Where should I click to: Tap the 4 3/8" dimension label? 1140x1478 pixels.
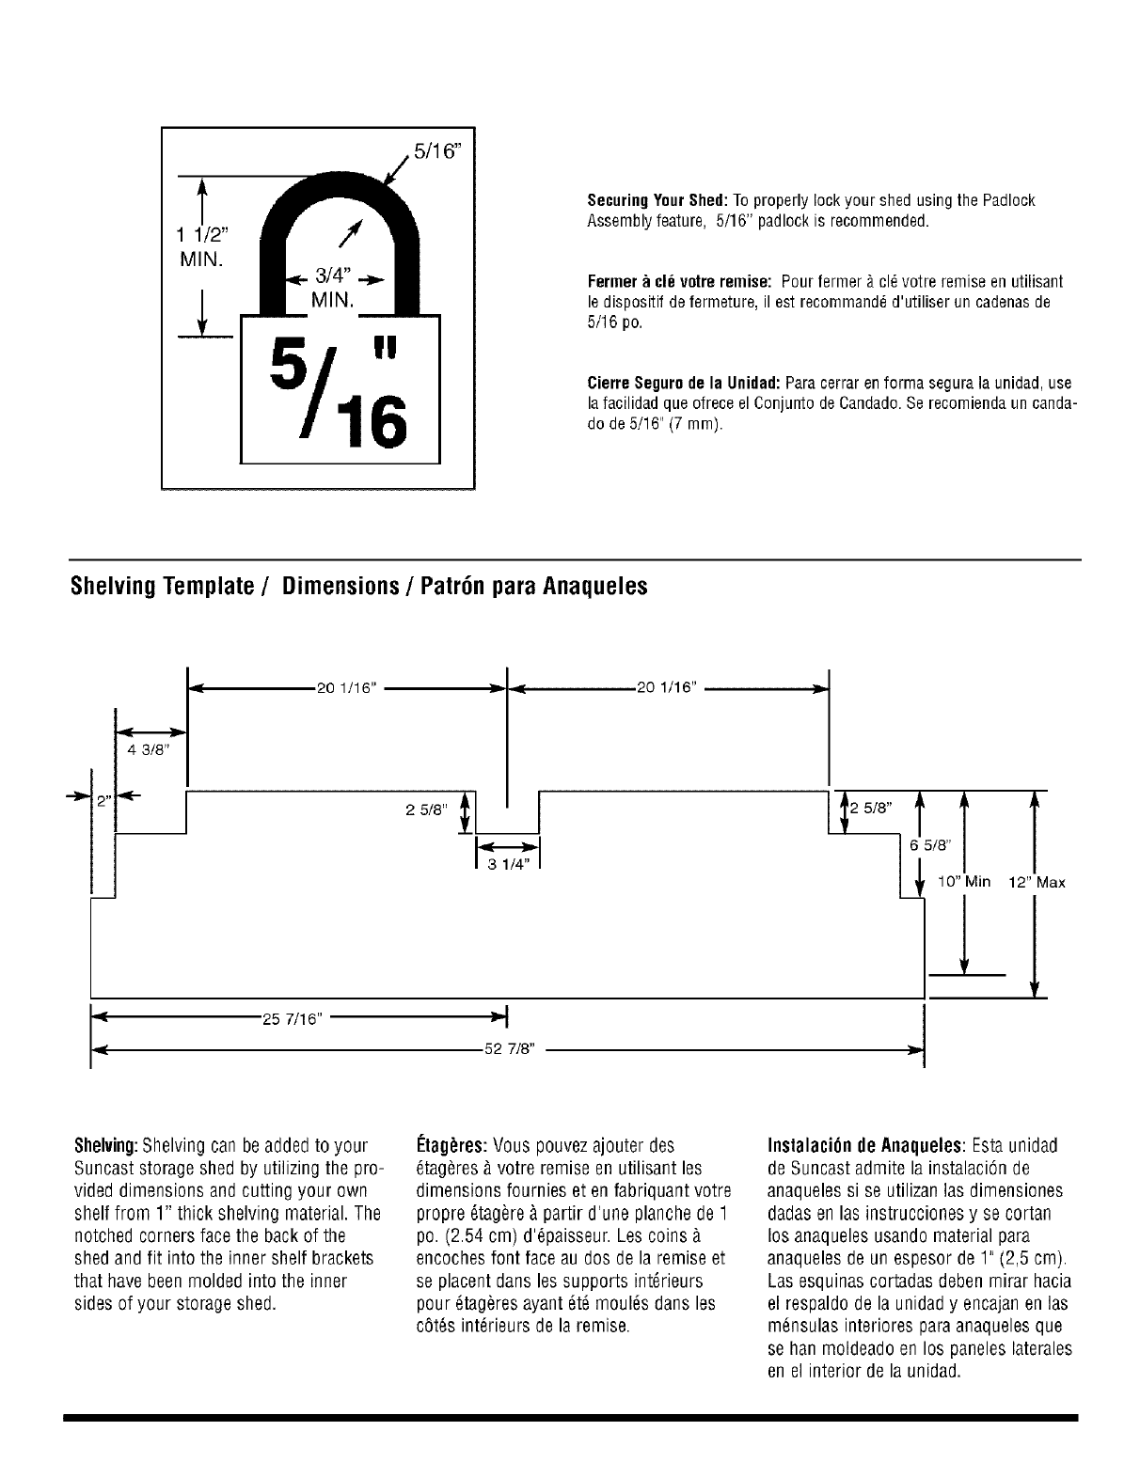pos(146,749)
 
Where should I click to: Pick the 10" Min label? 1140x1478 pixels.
pos(965,882)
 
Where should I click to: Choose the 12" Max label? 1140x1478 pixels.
pos(1037,883)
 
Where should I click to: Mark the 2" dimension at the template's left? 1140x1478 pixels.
pos(103,802)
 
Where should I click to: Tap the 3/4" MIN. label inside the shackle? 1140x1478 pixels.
pos(333,287)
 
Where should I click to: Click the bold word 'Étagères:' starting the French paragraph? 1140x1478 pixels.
pos(450,1146)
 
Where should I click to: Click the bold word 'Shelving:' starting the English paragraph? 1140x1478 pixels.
pos(106,1146)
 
